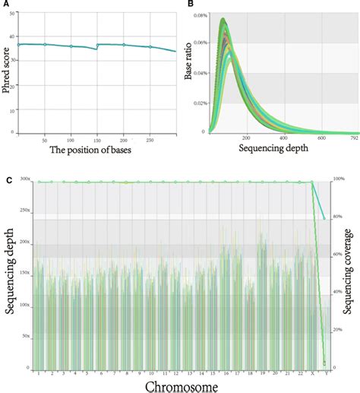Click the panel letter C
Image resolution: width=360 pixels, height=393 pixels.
point(7,180)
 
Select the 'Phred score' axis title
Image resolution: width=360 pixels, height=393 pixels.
point(8,72)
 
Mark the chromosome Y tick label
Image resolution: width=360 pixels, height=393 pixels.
point(324,373)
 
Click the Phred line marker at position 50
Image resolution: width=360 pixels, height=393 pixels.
point(45,45)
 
